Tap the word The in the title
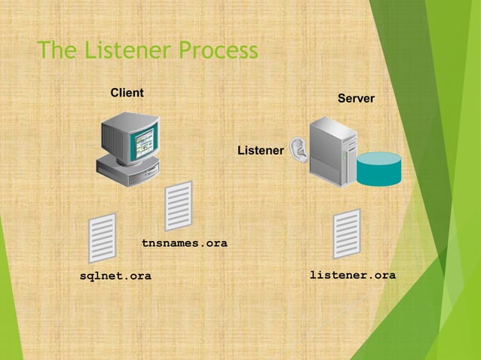click(x=58, y=51)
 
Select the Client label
click(x=127, y=93)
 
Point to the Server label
click(x=356, y=99)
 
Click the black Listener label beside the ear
click(x=260, y=151)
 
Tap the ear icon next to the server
click(x=299, y=151)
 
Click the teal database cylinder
click(x=378, y=169)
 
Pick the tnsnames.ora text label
click(x=185, y=243)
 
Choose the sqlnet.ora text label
click(x=115, y=276)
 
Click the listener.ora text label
click(x=353, y=276)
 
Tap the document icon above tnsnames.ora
click(x=179, y=205)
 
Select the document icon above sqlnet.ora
click(x=103, y=238)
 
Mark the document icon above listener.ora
click(x=347, y=233)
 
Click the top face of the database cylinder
click(x=378, y=158)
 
